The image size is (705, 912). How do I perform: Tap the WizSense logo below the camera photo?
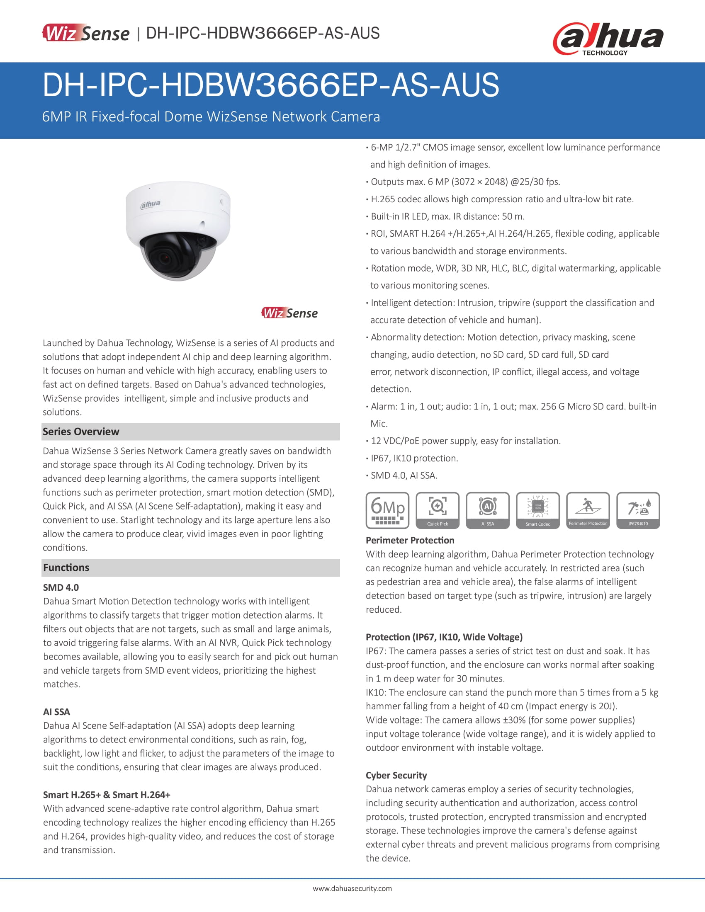coord(289,313)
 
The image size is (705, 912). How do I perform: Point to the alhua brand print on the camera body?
coord(150,204)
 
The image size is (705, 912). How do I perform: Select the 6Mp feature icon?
coord(387,510)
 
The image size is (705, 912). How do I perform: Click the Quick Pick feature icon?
coord(437,510)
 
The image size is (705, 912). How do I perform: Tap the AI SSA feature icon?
coord(487,510)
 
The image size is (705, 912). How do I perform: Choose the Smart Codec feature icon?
coord(537,510)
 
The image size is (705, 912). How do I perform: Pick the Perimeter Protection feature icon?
coord(588,510)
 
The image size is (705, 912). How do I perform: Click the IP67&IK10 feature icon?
coord(638,510)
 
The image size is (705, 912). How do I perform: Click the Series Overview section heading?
coord(81,432)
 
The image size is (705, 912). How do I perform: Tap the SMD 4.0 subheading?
coord(61,587)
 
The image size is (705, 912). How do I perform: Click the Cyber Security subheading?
coord(396,775)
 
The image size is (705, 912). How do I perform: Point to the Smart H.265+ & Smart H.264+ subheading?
coord(107,795)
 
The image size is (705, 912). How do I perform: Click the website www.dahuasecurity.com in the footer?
coord(352,888)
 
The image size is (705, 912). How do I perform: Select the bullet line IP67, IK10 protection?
coord(414,458)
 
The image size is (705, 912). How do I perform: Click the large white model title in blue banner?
coord(271,85)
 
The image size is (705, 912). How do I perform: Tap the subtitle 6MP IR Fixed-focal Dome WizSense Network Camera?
coord(211,116)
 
